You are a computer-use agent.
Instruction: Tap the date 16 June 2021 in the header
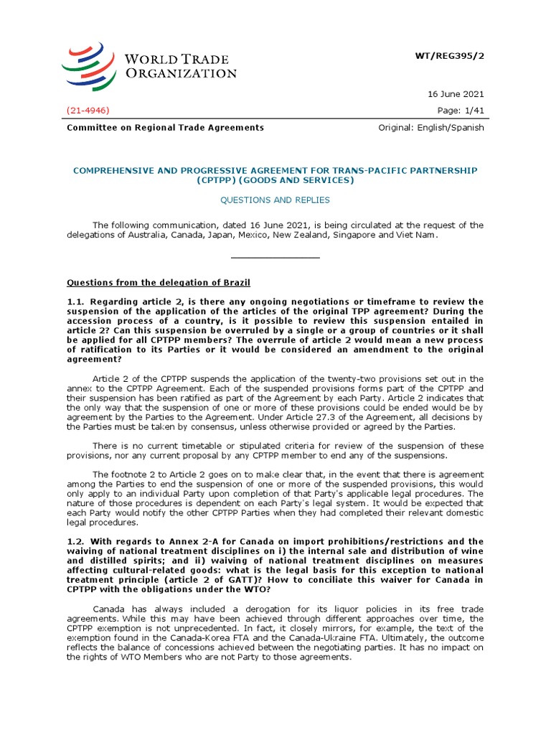coord(457,94)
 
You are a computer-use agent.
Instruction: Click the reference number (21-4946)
coord(88,110)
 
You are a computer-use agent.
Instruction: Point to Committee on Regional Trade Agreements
coord(165,128)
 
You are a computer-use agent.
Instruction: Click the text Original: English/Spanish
coord(431,128)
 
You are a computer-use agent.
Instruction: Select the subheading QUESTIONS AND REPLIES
coord(275,200)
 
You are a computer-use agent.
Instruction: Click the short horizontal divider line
coord(275,257)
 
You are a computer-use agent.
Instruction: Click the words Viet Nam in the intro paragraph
coord(435,235)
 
